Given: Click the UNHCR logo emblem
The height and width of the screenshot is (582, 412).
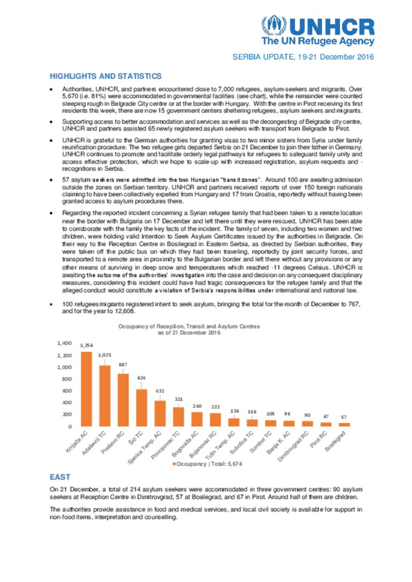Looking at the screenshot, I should click(x=274, y=25).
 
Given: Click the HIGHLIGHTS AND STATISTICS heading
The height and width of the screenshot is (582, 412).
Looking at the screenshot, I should click(x=105, y=76).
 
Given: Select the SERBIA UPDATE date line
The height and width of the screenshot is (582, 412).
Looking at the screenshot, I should click(x=303, y=57).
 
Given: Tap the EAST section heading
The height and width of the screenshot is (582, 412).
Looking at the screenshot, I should click(x=60, y=477).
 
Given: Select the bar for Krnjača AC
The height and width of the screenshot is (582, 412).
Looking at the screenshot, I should click(x=86, y=389).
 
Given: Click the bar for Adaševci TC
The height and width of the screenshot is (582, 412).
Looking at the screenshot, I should click(x=105, y=396).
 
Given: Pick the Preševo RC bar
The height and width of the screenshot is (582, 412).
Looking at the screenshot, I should click(x=123, y=400).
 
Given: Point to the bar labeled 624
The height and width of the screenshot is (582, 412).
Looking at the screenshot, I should click(x=142, y=407).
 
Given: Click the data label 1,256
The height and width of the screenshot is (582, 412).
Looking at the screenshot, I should click(x=86, y=345).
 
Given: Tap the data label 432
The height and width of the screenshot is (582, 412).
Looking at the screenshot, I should click(x=160, y=390).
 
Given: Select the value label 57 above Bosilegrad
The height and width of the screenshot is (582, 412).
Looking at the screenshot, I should click(x=344, y=417).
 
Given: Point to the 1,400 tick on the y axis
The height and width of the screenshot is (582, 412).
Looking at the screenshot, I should click(x=64, y=343).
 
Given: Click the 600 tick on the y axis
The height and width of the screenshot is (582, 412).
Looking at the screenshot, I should click(x=67, y=390).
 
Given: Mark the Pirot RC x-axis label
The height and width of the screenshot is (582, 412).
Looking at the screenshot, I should click(x=318, y=439).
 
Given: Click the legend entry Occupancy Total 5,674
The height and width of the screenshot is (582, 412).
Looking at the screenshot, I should click(x=207, y=464).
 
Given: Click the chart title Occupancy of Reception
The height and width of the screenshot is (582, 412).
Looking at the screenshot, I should click(x=189, y=326).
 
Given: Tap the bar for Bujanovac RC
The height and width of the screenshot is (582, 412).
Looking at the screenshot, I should click(x=215, y=420).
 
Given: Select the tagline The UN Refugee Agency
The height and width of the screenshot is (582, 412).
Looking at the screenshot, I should click(x=317, y=41).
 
